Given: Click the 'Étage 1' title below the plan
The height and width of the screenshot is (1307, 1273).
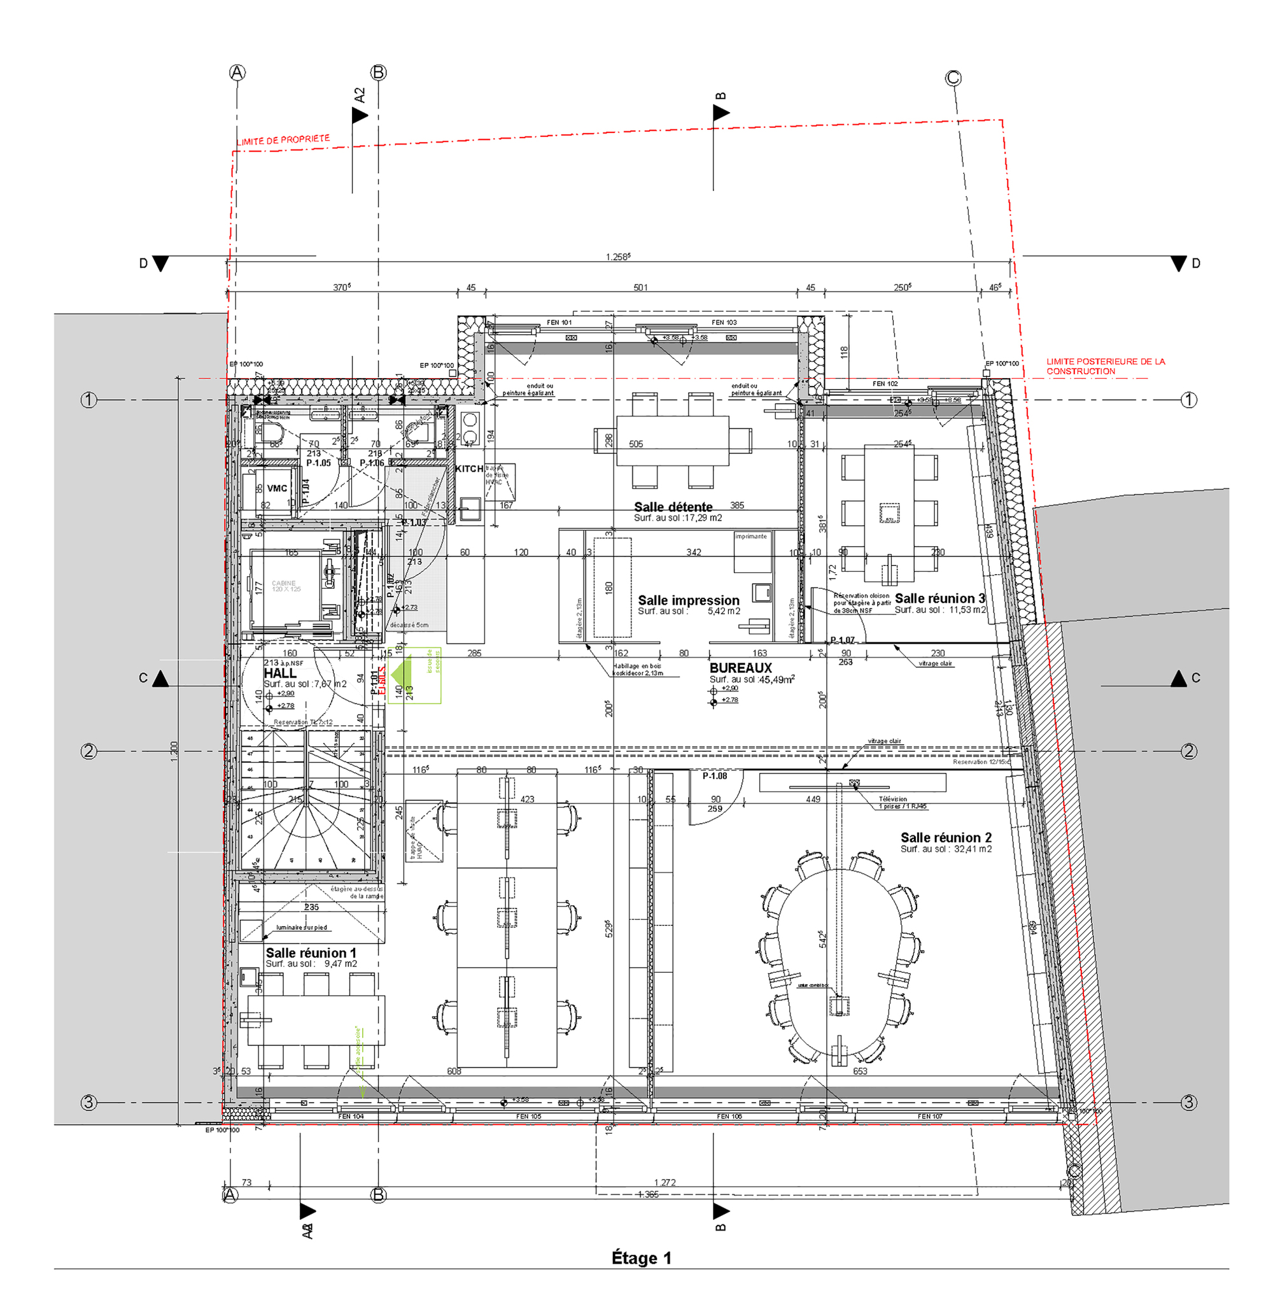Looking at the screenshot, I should tap(640, 1257).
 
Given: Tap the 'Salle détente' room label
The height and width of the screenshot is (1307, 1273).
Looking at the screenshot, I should tap(673, 507).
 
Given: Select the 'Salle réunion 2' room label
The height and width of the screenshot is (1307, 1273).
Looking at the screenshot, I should tap(945, 837).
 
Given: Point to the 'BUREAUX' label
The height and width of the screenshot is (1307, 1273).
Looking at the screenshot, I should tap(740, 668).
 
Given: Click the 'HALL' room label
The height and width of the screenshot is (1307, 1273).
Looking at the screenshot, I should tap(279, 673).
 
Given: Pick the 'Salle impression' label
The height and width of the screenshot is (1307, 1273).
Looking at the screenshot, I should tap(688, 600).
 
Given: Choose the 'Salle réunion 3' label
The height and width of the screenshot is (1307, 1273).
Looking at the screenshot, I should tap(939, 598).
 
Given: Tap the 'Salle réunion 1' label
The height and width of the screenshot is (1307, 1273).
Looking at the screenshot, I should tap(311, 952).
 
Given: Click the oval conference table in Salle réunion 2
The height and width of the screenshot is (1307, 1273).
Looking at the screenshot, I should tap(839, 963).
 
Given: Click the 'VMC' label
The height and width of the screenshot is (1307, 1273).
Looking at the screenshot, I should tap(277, 488).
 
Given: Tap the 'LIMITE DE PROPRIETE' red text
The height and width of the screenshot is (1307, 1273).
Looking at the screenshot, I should tap(283, 140).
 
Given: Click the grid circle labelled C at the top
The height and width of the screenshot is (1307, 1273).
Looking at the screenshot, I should tap(953, 78).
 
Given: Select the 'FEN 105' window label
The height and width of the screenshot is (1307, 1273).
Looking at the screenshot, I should tap(528, 1117).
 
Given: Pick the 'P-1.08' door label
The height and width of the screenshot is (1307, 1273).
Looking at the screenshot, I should tap(714, 776).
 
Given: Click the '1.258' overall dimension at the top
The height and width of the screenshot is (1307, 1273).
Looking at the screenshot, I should tap(617, 257).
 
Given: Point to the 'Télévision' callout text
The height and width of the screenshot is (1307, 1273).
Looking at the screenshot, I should tap(892, 798).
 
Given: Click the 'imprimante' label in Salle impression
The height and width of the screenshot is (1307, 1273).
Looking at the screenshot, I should tap(751, 536).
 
